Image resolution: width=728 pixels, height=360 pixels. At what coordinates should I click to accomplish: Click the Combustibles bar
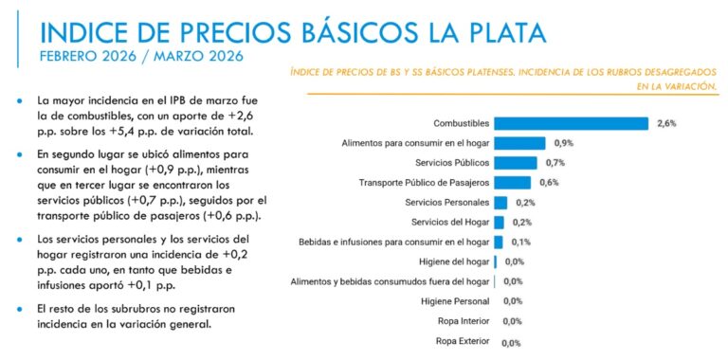point(571,123)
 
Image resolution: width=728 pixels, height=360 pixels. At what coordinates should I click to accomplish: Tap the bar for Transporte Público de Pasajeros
point(512,183)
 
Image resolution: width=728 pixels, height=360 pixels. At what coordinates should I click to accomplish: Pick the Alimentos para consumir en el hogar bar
point(519,143)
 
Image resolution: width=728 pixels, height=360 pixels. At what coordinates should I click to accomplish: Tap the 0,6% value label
point(547,183)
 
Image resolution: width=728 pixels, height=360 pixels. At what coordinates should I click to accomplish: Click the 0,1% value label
point(519,242)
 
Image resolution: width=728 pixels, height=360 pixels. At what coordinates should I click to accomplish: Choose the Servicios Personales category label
point(446,203)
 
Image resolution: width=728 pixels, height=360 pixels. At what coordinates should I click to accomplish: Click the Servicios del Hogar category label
point(450,222)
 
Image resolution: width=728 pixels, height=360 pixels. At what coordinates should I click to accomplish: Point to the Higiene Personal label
point(454,301)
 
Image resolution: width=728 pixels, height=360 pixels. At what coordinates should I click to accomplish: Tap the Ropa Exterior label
point(462,340)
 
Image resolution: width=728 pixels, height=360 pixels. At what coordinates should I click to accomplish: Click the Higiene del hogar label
point(453,261)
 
